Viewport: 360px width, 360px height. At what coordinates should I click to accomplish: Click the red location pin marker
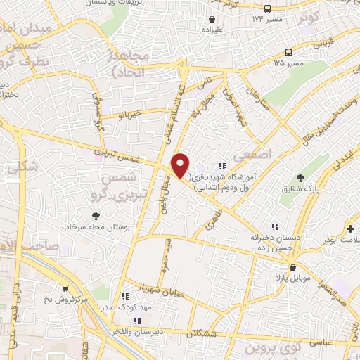pos(180,165)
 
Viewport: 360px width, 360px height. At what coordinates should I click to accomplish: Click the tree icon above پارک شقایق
pos(301,179)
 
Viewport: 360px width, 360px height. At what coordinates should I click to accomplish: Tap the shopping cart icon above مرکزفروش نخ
pos(65,289)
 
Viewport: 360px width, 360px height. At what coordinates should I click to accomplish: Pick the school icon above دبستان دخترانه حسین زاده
pos(276,226)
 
